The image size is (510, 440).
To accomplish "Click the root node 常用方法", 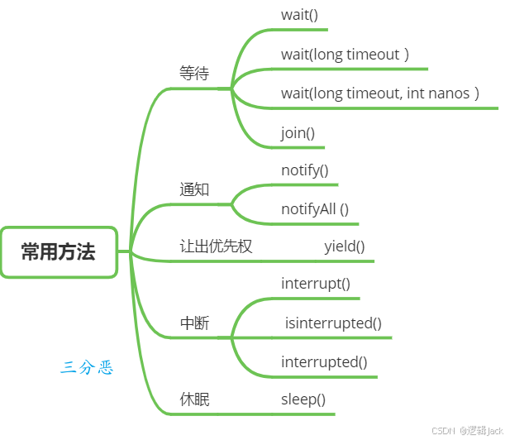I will pos(58,252).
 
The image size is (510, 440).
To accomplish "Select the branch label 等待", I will pos(194,74).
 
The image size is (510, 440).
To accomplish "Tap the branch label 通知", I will pos(194,189).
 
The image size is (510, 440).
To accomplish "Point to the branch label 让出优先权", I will pos(216,246).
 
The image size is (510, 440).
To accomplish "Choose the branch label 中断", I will pos(194,323).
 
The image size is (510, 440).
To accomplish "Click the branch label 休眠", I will pos(194,399).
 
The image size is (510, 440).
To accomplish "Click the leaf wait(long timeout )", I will pos(345,55).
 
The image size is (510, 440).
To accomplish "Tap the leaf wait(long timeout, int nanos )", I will pos(379,93).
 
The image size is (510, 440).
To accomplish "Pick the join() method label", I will pos(298,132).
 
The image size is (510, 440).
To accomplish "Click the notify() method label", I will pos(305,170).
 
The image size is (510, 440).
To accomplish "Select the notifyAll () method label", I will pos(315,208).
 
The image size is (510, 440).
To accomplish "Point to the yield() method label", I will pos(345,246).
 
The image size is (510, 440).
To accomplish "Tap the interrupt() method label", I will pos(316,284).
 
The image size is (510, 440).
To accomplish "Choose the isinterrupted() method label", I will pos(333,323).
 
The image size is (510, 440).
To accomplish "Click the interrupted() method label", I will pos(324,361).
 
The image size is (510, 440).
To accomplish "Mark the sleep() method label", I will pos(303,399).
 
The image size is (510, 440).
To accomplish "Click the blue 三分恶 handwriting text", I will pos(86,367).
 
